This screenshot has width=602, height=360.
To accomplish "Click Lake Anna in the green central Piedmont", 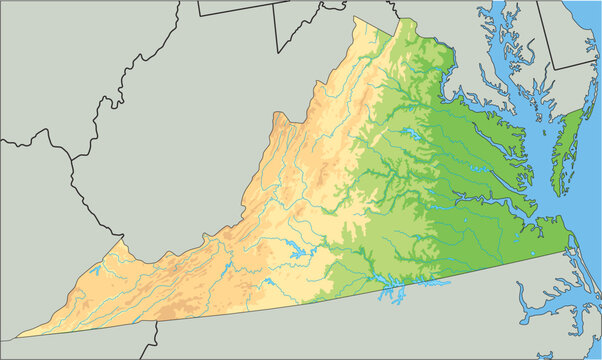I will [410, 133].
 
